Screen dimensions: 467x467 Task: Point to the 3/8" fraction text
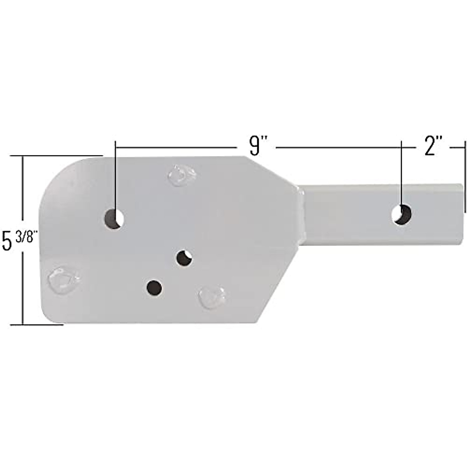(x=26, y=236)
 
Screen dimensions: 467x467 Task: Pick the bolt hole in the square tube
(x=402, y=214)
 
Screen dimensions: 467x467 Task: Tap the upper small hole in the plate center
(x=184, y=258)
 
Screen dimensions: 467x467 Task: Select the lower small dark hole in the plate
(x=154, y=287)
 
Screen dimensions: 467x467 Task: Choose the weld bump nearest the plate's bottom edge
(x=212, y=298)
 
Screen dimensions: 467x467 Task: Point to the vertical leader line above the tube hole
(x=402, y=175)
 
